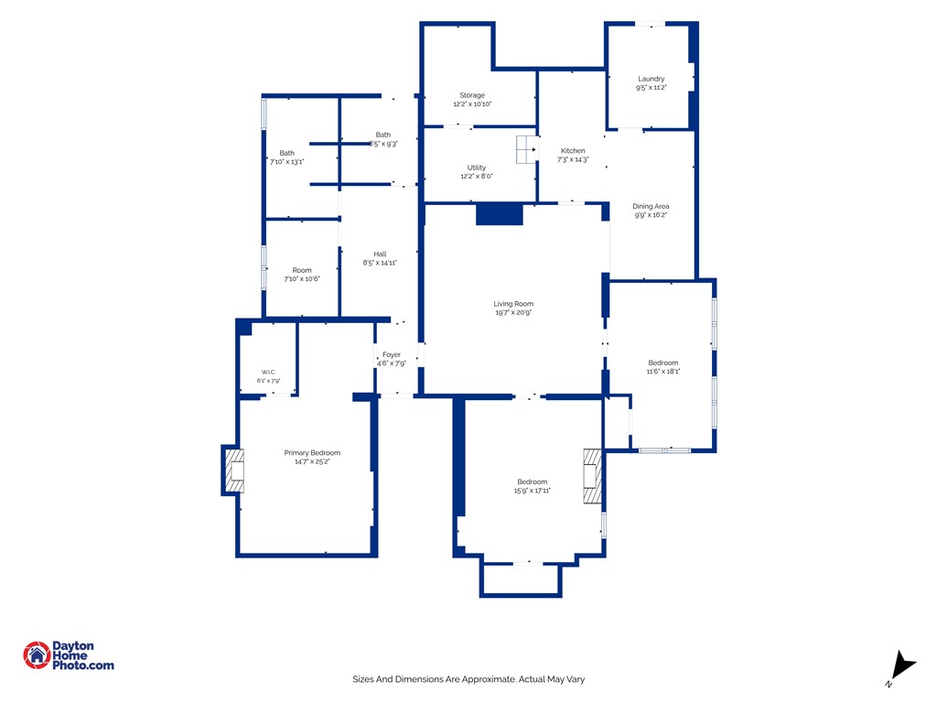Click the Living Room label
[x=513, y=304]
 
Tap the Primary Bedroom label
[x=312, y=452]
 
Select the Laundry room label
[x=651, y=79]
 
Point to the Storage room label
[x=472, y=95]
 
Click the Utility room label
[x=476, y=168]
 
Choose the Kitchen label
[x=573, y=151]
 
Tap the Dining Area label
[x=651, y=206]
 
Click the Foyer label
[x=392, y=354]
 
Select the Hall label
[x=380, y=254]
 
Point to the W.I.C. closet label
[x=268, y=372]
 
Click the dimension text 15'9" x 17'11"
[x=532, y=491]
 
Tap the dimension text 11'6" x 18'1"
[x=662, y=372]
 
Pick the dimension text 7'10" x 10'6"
[x=302, y=278]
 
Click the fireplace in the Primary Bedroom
[x=234, y=470]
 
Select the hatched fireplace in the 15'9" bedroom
[x=593, y=476]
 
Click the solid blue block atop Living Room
[x=500, y=214]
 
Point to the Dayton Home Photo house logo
[x=37, y=655]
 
